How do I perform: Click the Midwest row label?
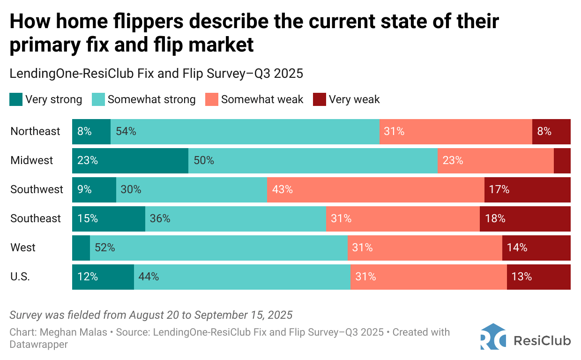pos(32,160)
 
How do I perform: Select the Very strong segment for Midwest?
pos(130,160)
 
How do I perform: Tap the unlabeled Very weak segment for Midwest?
pos(562,160)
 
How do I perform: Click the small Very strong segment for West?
pos(81,247)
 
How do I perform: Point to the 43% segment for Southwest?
pos(375,189)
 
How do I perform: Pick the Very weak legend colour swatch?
pos(319,99)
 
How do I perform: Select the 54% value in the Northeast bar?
pos(127,131)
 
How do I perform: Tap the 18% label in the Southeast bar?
pos(495,218)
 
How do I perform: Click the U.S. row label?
pos(20,277)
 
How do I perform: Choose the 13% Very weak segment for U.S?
pos(538,277)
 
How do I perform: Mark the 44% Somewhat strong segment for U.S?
pos(242,277)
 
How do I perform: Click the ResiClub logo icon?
pos(493,337)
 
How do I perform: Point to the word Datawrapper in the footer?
pos(38,345)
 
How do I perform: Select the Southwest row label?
pos(37,189)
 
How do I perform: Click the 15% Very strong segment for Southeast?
pos(108,218)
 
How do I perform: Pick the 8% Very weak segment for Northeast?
pos(551,131)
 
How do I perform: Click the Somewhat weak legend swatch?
pos(211,99)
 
